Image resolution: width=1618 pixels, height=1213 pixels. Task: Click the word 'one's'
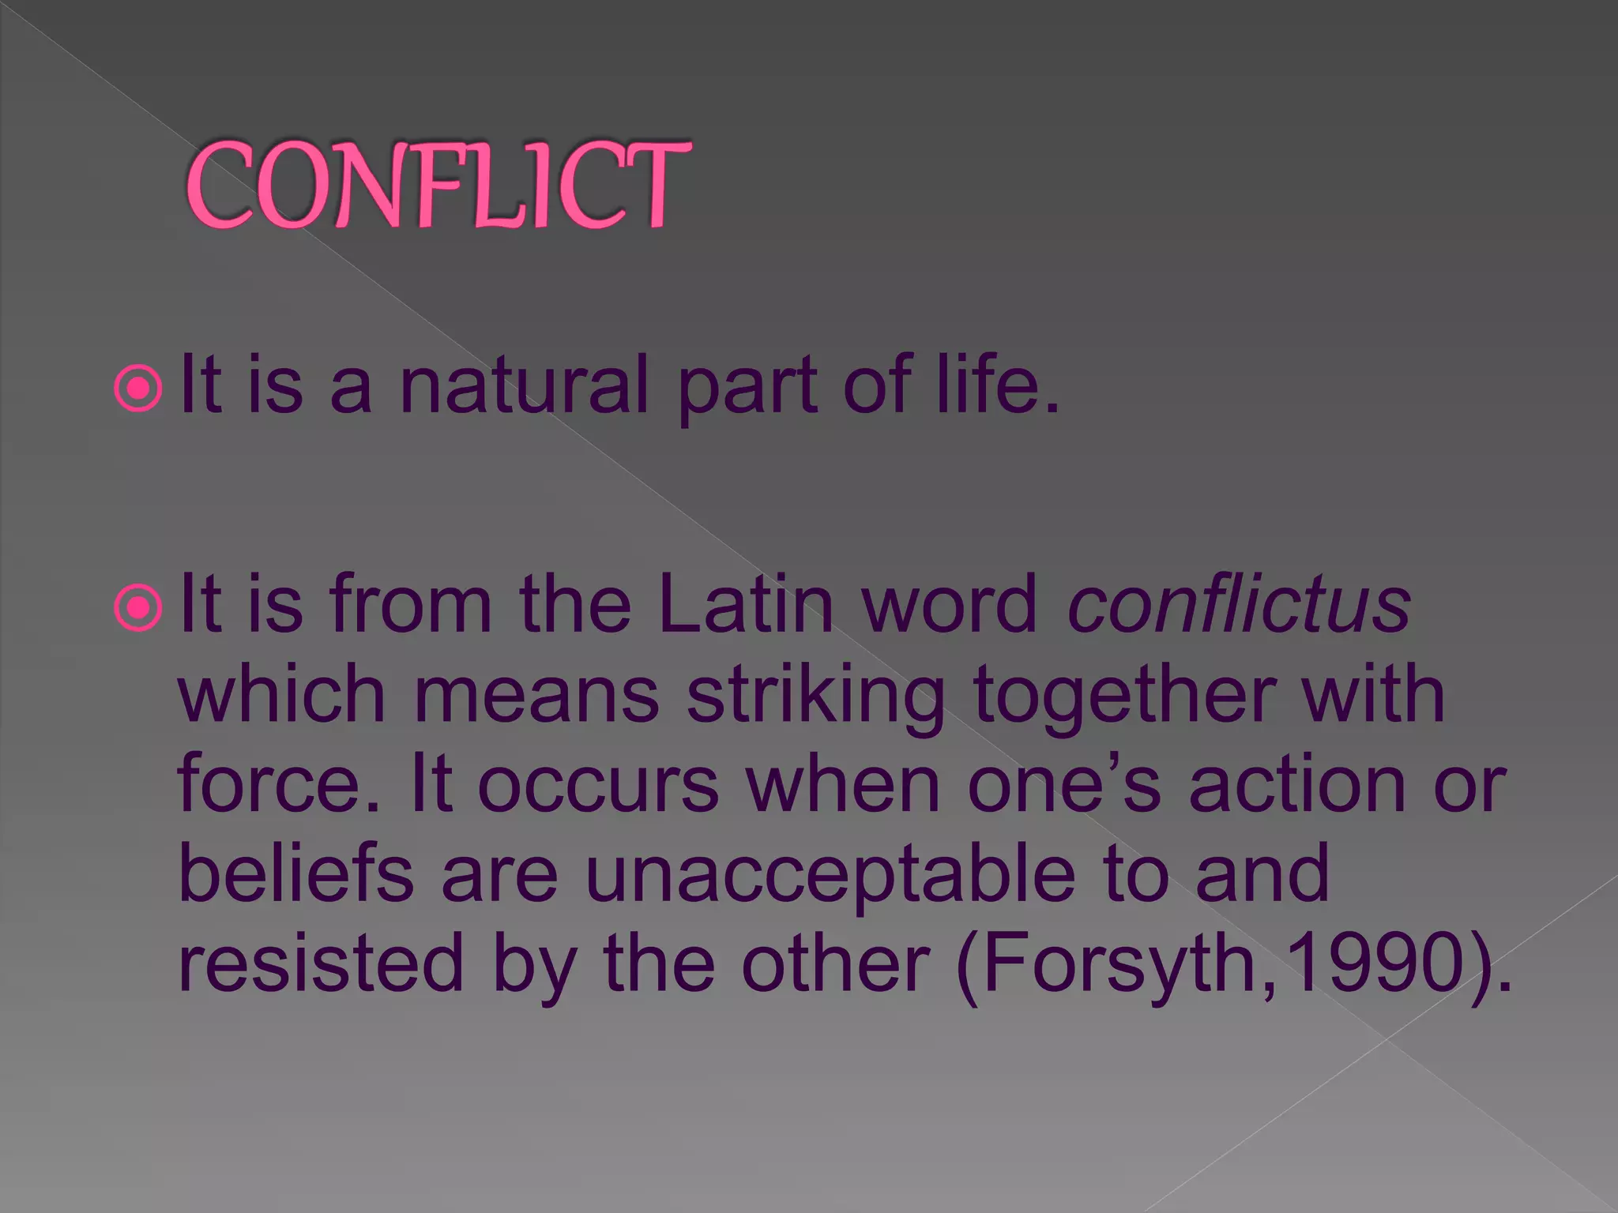pyautogui.click(x=1063, y=784)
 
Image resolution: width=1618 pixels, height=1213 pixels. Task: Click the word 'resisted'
pyautogui.click(x=321, y=963)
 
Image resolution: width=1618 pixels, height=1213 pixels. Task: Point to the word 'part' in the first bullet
pyautogui.click(x=747, y=387)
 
